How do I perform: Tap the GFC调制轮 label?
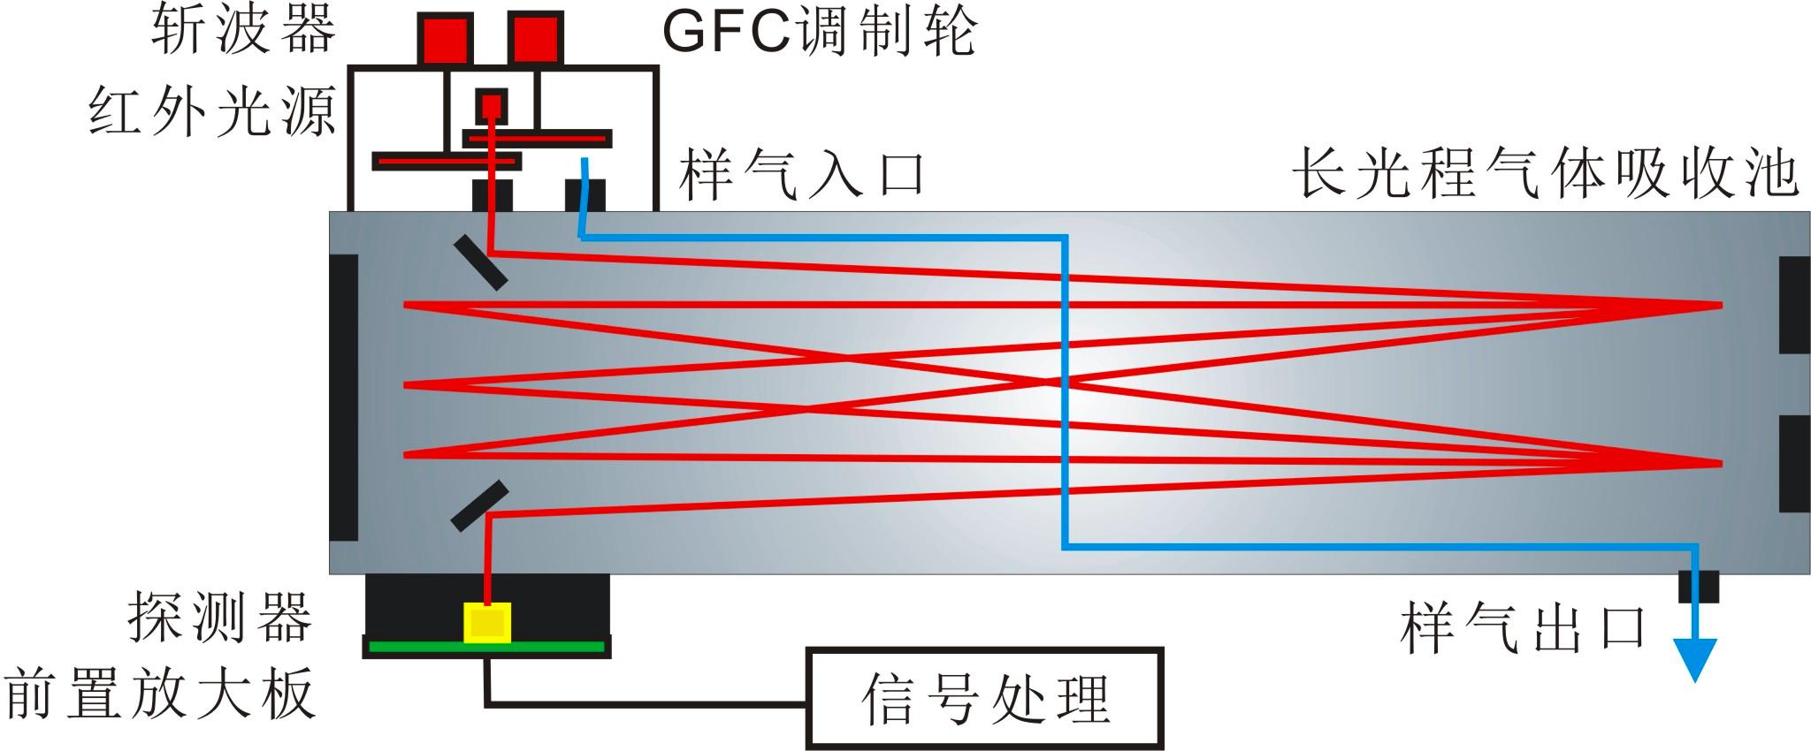(x=819, y=34)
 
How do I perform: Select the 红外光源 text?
(x=212, y=113)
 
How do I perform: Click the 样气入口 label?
(x=801, y=174)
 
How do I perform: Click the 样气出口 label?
(x=1523, y=628)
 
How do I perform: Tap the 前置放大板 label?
(x=160, y=694)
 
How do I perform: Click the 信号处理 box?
(x=984, y=699)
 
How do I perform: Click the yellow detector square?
(x=487, y=623)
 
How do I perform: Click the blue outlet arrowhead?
(x=1695, y=658)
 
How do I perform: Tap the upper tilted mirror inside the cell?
(x=480, y=262)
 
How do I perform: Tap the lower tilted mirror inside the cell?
(x=479, y=505)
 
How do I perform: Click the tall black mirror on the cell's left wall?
(x=344, y=397)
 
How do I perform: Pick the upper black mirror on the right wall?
(x=1793, y=305)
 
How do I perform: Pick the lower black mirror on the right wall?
(x=1793, y=463)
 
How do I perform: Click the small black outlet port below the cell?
(x=1698, y=586)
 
